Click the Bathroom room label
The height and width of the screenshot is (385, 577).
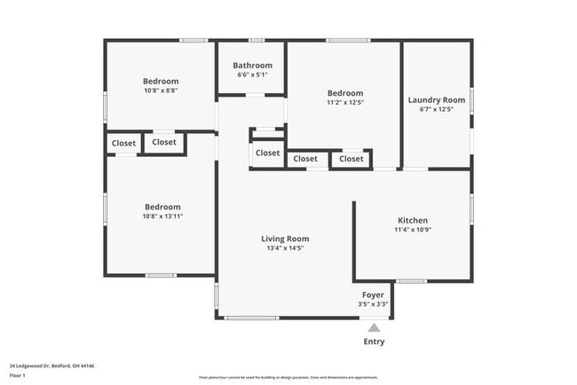(x=253, y=66)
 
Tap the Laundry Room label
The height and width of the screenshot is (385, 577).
(x=437, y=100)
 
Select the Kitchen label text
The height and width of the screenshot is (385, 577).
(x=413, y=220)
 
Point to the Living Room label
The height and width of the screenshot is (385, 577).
(x=285, y=239)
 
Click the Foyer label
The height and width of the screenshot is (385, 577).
(x=373, y=295)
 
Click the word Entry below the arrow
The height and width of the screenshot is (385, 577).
(x=375, y=342)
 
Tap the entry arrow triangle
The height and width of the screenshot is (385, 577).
(x=375, y=327)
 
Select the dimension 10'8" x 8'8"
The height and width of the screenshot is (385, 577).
(x=161, y=90)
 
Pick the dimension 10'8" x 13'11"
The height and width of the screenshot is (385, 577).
(x=162, y=216)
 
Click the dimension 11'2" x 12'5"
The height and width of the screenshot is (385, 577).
(x=344, y=103)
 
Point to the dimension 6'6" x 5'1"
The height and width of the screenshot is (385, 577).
(x=253, y=75)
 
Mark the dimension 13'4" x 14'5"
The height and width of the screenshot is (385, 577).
(x=285, y=247)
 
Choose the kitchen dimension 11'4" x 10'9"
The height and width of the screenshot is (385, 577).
(x=413, y=230)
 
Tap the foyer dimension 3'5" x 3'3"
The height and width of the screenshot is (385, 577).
(x=373, y=304)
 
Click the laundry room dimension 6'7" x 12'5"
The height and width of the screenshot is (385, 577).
(x=437, y=109)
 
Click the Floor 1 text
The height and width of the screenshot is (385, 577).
(x=18, y=375)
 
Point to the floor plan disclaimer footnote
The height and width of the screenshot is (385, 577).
(x=289, y=377)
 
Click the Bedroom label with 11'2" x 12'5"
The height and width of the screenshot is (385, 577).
(x=344, y=93)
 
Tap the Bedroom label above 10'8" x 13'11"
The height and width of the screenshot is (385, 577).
(x=162, y=207)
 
